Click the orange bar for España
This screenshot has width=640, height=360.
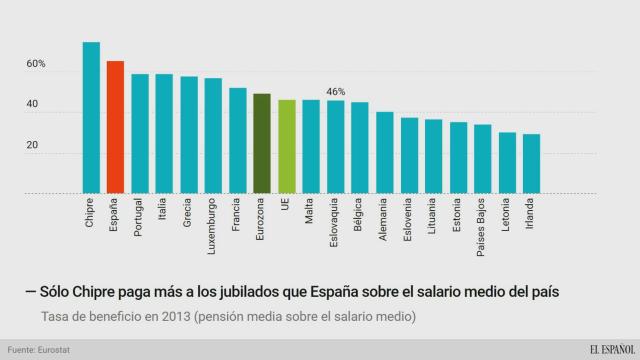click(x=115, y=126)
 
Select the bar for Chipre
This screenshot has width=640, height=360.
click(x=91, y=117)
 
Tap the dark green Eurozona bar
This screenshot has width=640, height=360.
click(x=262, y=142)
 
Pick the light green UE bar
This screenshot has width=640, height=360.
click(x=287, y=145)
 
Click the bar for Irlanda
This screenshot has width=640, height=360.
click(x=531, y=162)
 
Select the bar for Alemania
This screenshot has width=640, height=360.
click(x=384, y=151)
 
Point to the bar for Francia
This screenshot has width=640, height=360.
click(x=238, y=139)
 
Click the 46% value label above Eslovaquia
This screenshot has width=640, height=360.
click(x=336, y=91)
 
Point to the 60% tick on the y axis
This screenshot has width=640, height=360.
click(x=37, y=64)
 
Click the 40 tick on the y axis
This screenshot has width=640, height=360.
click(x=33, y=105)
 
